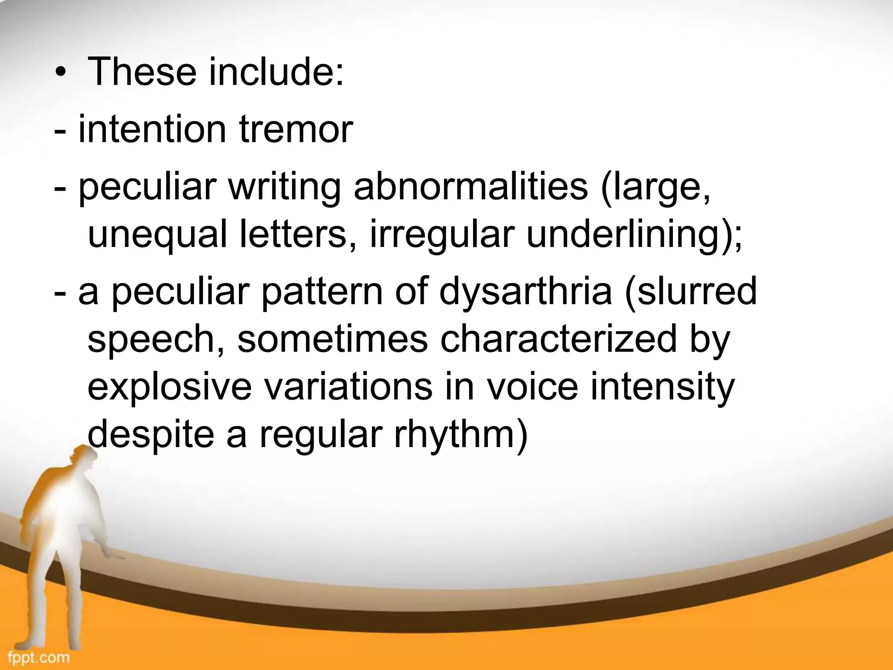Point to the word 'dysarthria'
tap(525, 293)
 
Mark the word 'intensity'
tap(663, 387)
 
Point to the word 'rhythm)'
tap(461, 435)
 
